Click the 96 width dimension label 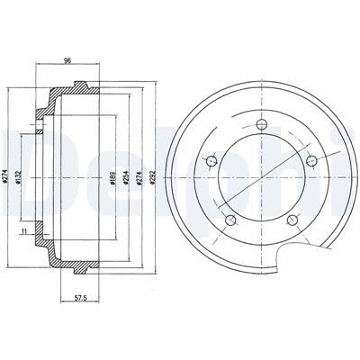tap(67, 60)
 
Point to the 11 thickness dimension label tap(24, 230)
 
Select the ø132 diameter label tap(18, 177)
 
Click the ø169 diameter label tap(112, 177)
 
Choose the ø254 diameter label tap(125, 177)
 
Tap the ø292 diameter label tap(153, 177)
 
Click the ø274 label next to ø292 tap(139, 177)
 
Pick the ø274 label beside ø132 tap(4, 177)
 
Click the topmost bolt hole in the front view tap(262, 124)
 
